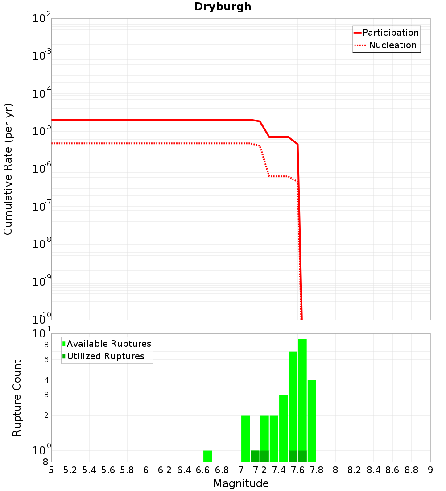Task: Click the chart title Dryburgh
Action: click(x=223, y=7)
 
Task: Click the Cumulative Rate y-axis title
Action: click(x=8, y=169)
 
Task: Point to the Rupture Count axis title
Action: click(x=17, y=398)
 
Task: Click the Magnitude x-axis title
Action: click(x=241, y=483)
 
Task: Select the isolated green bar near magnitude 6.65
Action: click(x=207, y=456)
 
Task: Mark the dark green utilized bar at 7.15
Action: click(x=255, y=456)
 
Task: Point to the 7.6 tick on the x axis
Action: click(x=297, y=470)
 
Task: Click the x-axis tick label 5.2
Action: click(x=70, y=470)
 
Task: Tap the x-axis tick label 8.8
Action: click(x=411, y=470)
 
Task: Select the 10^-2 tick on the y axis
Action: click(x=42, y=19)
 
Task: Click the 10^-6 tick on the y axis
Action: click(x=42, y=169)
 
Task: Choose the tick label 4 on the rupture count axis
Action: click(x=46, y=380)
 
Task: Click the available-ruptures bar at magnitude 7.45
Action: click(x=283, y=429)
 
